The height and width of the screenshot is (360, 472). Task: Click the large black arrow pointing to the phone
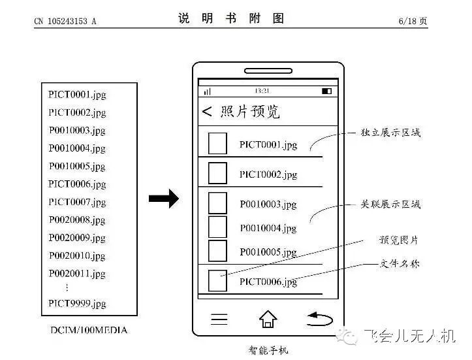[163, 199]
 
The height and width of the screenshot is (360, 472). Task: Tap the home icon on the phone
[268, 319]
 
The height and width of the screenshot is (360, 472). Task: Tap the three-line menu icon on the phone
[219, 319]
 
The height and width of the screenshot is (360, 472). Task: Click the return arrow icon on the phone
[319, 319]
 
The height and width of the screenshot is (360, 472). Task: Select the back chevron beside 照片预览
[207, 112]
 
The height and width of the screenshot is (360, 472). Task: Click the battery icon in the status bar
[326, 91]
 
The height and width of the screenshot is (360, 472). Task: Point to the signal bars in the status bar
[208, 91]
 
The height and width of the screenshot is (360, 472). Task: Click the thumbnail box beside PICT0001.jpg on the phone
[217, 143]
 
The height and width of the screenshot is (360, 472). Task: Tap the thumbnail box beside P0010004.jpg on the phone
[217, 227]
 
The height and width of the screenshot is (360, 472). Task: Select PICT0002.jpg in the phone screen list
[268, 174]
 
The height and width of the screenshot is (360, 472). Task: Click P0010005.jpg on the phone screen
[268, 252]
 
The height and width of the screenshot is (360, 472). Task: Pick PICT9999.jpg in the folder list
[77, 304]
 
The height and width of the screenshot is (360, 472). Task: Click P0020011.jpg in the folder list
[77, 274]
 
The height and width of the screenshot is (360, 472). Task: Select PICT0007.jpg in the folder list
[77, 202]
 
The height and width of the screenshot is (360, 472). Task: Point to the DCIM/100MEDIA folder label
[89, 330]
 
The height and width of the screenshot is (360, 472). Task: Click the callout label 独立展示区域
[390, 133]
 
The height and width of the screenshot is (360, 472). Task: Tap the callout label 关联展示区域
[390, 205]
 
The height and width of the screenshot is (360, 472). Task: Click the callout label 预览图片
[399, 240]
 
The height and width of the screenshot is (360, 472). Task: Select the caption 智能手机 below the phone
[268, 350]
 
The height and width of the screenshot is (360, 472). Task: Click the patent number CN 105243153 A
[65, 21]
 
